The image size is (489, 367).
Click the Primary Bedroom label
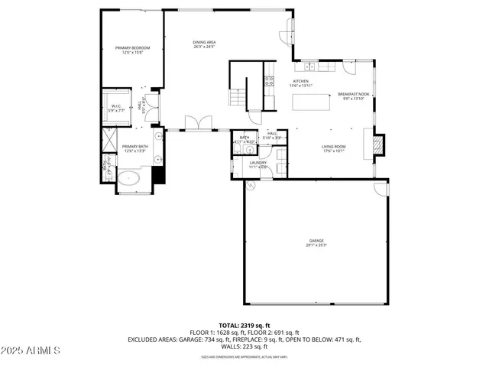point(132,47)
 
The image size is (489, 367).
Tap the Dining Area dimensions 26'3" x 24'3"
point(202,47)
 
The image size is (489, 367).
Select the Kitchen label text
point(301,81)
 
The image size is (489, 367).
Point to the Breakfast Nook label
point(353,94)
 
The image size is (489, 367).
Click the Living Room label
point(333,146)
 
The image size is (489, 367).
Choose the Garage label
point(316,241)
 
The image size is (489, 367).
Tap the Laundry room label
point(257,162)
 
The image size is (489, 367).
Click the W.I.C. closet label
point(116,106)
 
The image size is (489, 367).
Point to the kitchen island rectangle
point(314,101)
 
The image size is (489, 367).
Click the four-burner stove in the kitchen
point(269,79)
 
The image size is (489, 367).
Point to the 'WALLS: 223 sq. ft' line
point(244,346)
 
